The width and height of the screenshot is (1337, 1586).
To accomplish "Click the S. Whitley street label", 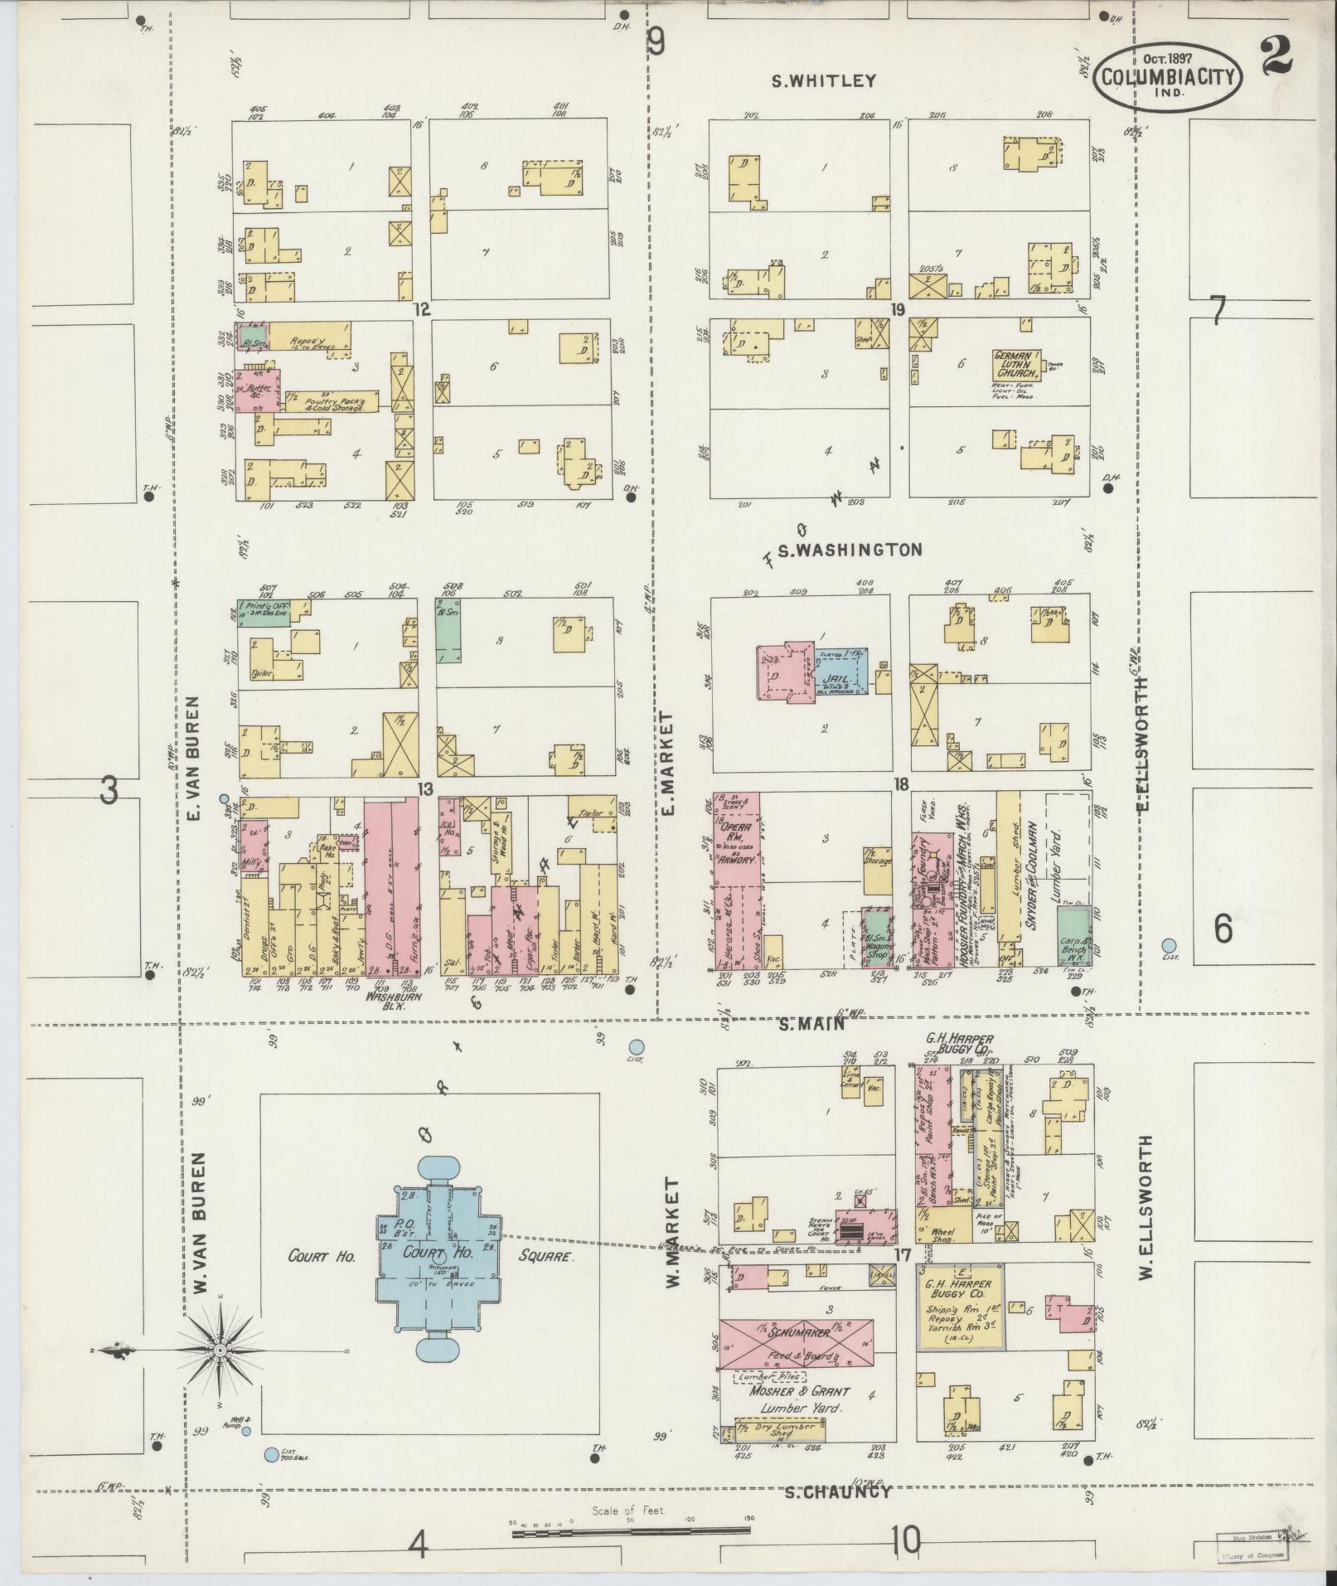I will tap(822, 81).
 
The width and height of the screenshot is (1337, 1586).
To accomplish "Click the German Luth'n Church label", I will tap(1018, 363).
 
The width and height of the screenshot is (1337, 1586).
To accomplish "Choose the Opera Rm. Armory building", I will tap(737, 879).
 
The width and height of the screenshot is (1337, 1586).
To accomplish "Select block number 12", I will tap(422, 309).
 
